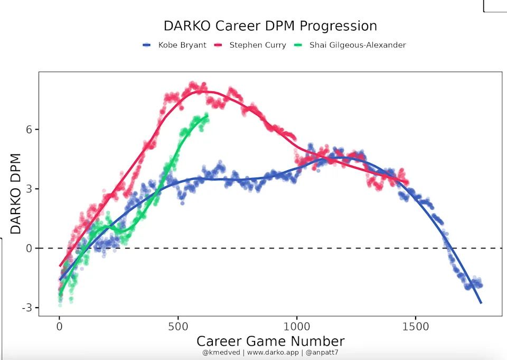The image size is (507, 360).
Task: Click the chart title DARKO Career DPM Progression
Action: click(270, 26)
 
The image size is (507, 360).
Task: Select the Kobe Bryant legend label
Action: click(182, 45)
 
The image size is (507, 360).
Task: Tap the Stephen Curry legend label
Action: click(257, 45)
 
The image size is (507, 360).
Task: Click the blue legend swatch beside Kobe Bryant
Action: click(147, 45)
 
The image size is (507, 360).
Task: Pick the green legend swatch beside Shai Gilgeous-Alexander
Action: click(298, 45)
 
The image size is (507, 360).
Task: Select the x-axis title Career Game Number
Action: click(270, 341)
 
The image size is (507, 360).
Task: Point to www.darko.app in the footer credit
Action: click(270, 352)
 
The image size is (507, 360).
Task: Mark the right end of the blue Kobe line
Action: click(481, 303)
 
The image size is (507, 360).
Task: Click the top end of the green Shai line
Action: click(207, 115)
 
